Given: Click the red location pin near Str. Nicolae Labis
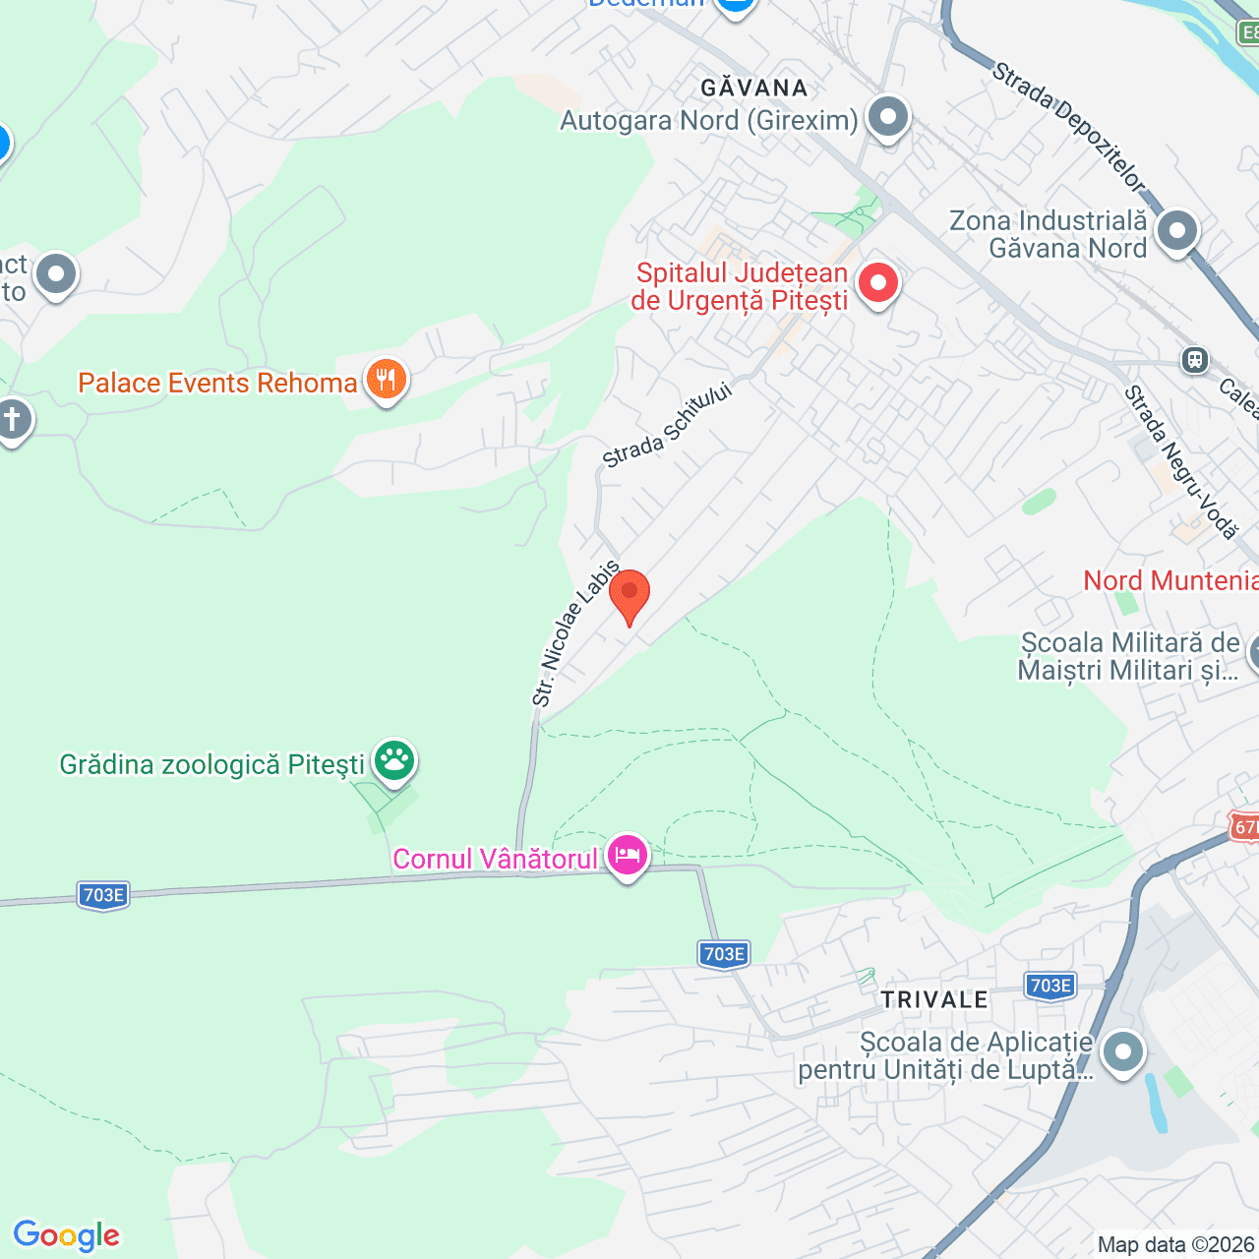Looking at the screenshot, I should click(x=629, y=593).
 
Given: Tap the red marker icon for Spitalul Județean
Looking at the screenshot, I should click(x=878, y=283).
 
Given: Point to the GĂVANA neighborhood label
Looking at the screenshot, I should click(x=754, y=88).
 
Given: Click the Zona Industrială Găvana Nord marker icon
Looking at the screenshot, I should click(x=1176, y=231).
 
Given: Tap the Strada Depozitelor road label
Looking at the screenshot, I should click(x=1068, y=127).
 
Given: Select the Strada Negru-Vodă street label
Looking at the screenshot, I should click(x=1180, y=462).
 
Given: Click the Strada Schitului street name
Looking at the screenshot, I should click(x=668, y=426).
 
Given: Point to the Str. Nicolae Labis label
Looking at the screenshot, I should click(x=575, y=633).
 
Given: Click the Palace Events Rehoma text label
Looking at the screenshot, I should click(x=217, y=383).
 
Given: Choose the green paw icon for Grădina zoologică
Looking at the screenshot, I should click(x=394, y=759).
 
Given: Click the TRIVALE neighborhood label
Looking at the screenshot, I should click(x=934, y=999).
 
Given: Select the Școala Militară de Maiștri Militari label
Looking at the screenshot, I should click(x=1128, y=657).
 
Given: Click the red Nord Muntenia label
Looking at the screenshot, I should click(x=1170, y=580).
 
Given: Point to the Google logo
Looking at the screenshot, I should click(x=66, y=1235).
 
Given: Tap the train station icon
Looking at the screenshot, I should click(x=1195, y=360).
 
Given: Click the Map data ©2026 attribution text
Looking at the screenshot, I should click(x=1176, y=1245).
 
